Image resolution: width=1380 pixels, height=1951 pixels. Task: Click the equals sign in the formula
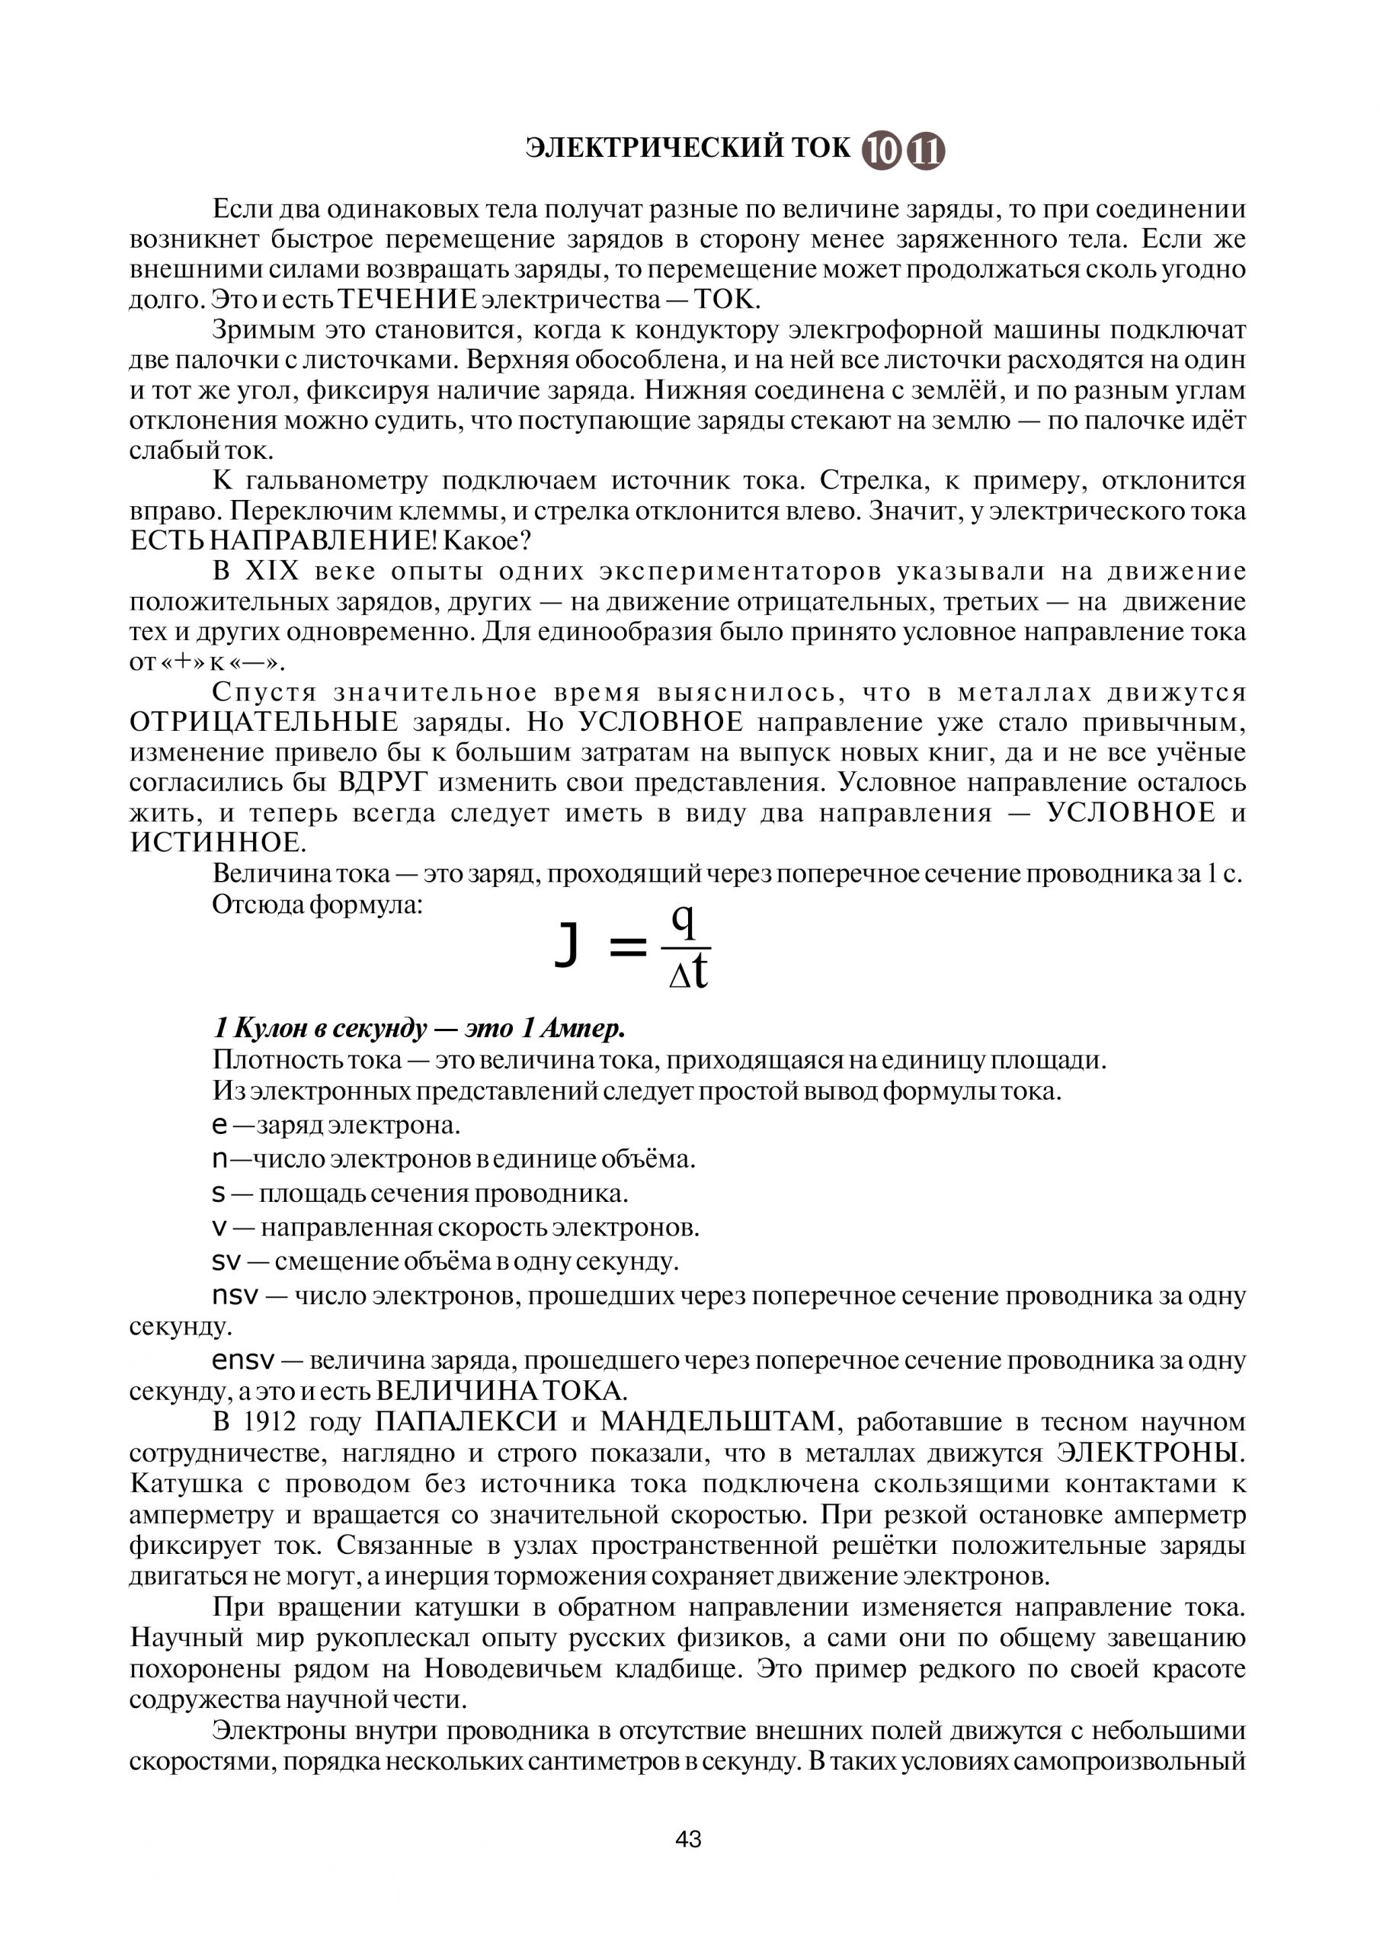[628, 947]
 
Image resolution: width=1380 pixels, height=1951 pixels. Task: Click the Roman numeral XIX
[273, 571]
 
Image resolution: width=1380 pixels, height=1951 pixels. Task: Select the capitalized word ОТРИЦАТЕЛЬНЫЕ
[264, 722]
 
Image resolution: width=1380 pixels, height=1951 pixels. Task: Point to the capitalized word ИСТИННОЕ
[216, 843]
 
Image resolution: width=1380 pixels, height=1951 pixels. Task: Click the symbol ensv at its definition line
[243, 1361]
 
